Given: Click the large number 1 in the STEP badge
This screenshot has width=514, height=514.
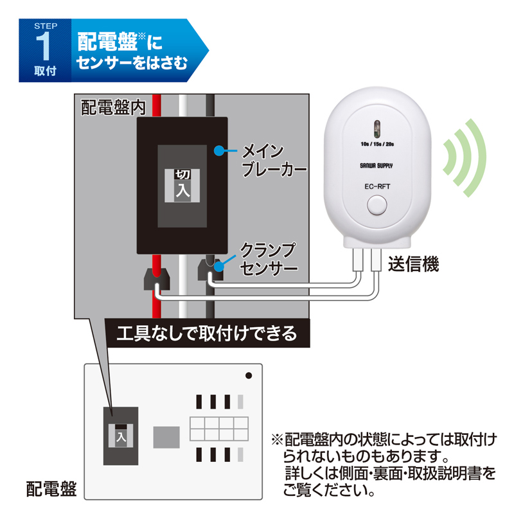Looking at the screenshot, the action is [44, 46].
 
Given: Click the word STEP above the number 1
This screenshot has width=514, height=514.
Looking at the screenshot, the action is [46, 26].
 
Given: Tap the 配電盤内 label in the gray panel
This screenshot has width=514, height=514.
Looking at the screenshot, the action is [113, 107].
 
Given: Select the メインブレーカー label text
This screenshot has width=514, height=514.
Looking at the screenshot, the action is [274, 161].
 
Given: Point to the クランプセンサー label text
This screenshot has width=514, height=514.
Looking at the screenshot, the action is [269, 260].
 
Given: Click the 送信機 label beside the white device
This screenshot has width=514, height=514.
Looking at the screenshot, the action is [413, 264].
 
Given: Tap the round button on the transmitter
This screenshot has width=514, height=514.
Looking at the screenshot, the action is [377, 205].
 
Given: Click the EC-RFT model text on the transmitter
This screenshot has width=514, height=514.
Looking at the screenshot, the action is [377, 186].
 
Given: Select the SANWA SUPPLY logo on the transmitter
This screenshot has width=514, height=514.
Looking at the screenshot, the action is [377, 166].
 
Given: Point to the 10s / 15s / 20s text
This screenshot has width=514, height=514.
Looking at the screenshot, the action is [377, 144].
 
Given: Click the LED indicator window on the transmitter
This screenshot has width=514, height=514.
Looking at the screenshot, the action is [377, 128].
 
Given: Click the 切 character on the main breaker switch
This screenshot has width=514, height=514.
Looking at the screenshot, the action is [182, 174].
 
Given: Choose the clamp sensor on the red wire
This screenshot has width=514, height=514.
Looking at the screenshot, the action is [157, 279].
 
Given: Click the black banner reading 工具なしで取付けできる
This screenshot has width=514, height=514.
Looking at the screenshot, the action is [207, 333].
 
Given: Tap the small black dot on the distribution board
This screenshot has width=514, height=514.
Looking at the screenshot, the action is [249, 375].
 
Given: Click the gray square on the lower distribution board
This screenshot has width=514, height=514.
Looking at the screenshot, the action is [166, 438].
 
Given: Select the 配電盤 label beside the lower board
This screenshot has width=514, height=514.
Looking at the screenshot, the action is [51, 489].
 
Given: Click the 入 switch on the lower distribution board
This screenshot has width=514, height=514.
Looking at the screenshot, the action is [121, 436].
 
